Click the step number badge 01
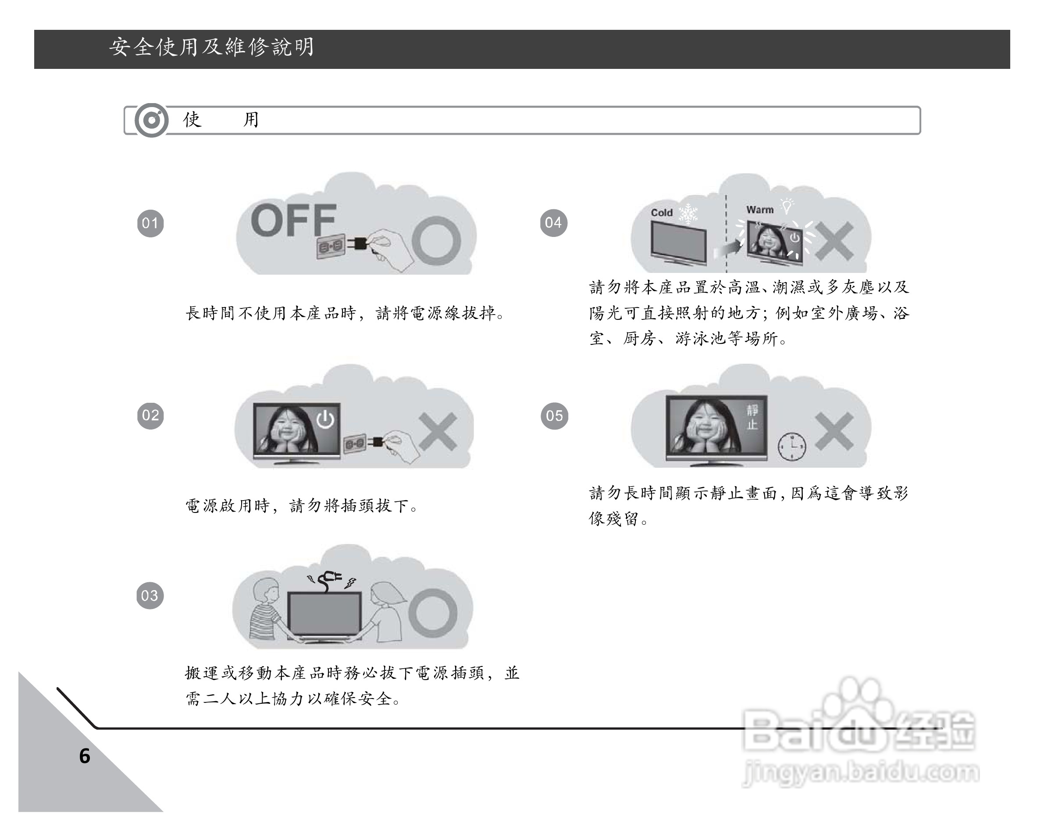coord(150,223)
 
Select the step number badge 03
coord(150,595)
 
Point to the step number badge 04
coord(553,223)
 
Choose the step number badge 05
coord(554,416)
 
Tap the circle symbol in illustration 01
coord(436,241)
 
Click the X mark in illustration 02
coord(438,431)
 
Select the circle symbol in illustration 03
coord(432,613)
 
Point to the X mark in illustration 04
coord(834,241)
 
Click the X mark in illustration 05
coord(834,431)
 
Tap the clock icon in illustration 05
coord(792,446)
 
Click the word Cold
coord(662,213)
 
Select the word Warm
coord(760,210)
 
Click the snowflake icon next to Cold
coord(688,214)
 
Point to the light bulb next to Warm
coord(787,206)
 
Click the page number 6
coord(85,756)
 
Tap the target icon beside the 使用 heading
coord(152,120)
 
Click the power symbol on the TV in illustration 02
coord(325,419)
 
